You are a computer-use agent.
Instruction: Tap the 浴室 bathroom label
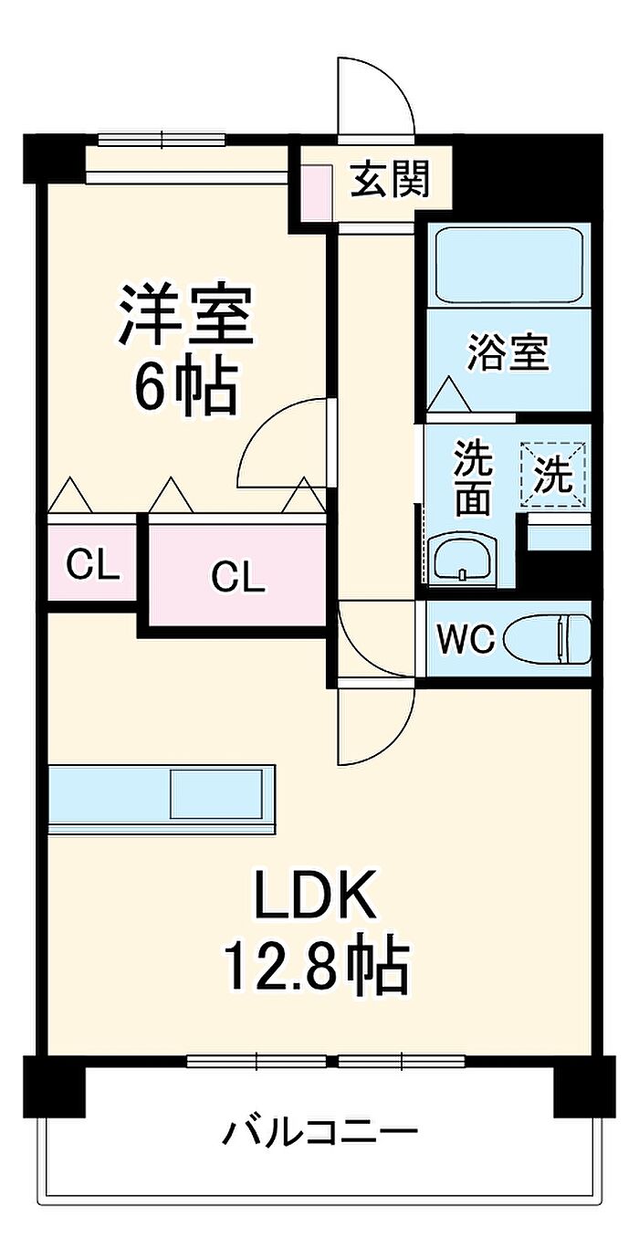click(x=508, y=353)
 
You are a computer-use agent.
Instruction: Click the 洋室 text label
click(x=185, y=313)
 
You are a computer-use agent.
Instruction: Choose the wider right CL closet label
click(x=237, y=575)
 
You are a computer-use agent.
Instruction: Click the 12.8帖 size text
click(x=314, y=968)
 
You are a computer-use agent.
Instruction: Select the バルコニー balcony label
click(x=320, y=1134)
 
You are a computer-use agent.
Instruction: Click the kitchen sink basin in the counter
click(x=221, y=794)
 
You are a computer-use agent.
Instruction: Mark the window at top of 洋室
click(x=162, y=140)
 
